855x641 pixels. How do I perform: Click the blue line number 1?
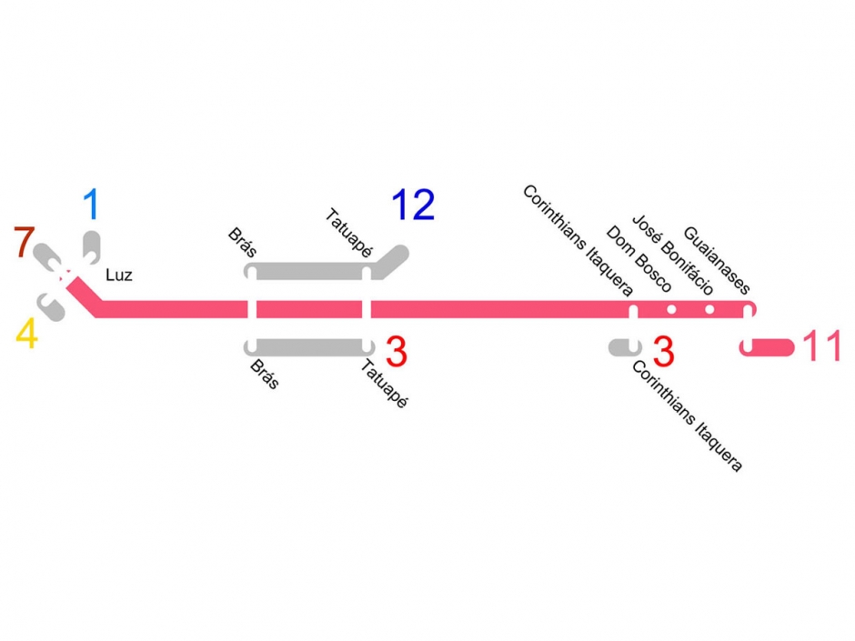coord(91,205)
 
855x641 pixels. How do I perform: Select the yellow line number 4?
coord(27,335)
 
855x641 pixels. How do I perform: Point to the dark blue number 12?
coord(413,206)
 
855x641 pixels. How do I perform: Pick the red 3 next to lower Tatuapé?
coord(397,352)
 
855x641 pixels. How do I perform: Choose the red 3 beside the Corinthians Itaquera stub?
coord(663,349)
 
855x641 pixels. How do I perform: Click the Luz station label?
coord(119,275)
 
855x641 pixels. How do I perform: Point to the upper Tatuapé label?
coord(347,231)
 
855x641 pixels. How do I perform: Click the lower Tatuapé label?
coord(384,384)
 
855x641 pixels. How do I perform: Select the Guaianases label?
coord(718,262)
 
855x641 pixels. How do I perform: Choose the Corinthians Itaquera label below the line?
coord(688,415)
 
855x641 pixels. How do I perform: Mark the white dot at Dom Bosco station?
coord(671,309)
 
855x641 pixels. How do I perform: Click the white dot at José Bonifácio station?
coord(709,309)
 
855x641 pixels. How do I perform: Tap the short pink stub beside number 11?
coord(769,348)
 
